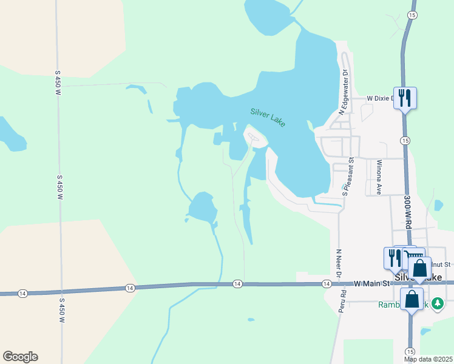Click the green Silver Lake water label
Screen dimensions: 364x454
(268, 117)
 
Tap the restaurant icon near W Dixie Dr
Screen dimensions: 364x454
(405, 98)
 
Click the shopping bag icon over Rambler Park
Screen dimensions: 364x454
(412, 299)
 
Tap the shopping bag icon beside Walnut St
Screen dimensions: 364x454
(419, 268)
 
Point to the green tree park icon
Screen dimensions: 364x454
(435, 305)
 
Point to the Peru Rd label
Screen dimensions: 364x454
(343, 301)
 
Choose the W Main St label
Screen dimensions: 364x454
(370, 283)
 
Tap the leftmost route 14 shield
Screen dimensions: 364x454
(22, 294)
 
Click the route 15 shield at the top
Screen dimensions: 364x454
(412, 15)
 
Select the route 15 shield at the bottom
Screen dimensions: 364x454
(410, 351)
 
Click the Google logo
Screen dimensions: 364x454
(20, 357)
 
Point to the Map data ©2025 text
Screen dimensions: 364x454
(427, 359)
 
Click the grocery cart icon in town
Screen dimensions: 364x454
(412, 255)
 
